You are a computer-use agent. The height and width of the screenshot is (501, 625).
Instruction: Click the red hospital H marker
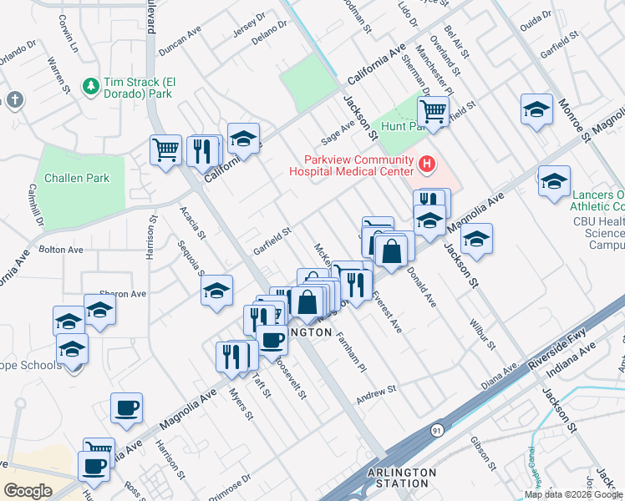tap(426, 164)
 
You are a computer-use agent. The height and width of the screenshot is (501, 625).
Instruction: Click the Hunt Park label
tap(399, 126)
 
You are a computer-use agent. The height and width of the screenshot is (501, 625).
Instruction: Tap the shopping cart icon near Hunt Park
tap(433, 110)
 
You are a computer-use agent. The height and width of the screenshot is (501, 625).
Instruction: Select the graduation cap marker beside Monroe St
tap(536, 109)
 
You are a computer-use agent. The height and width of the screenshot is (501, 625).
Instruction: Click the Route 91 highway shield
tap(438, 428)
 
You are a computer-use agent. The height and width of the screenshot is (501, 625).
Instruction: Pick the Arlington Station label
tap(402, 478)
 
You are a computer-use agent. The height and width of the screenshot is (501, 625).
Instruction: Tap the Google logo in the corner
tap(27, 490)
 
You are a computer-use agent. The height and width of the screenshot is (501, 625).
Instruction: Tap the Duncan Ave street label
tap(180, 40)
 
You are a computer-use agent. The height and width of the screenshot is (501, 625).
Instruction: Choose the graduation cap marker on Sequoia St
tap(216, 290)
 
